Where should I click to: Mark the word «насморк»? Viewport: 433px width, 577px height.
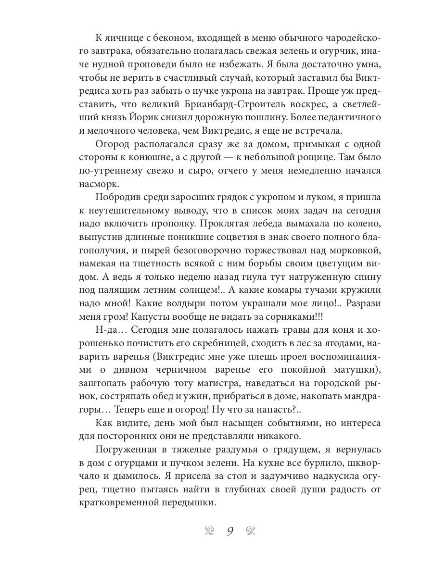click(x=99, y=185)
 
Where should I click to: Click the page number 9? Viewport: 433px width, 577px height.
click(x=230, y=531)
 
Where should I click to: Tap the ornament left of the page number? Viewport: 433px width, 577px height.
click(x=209, y=531)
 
